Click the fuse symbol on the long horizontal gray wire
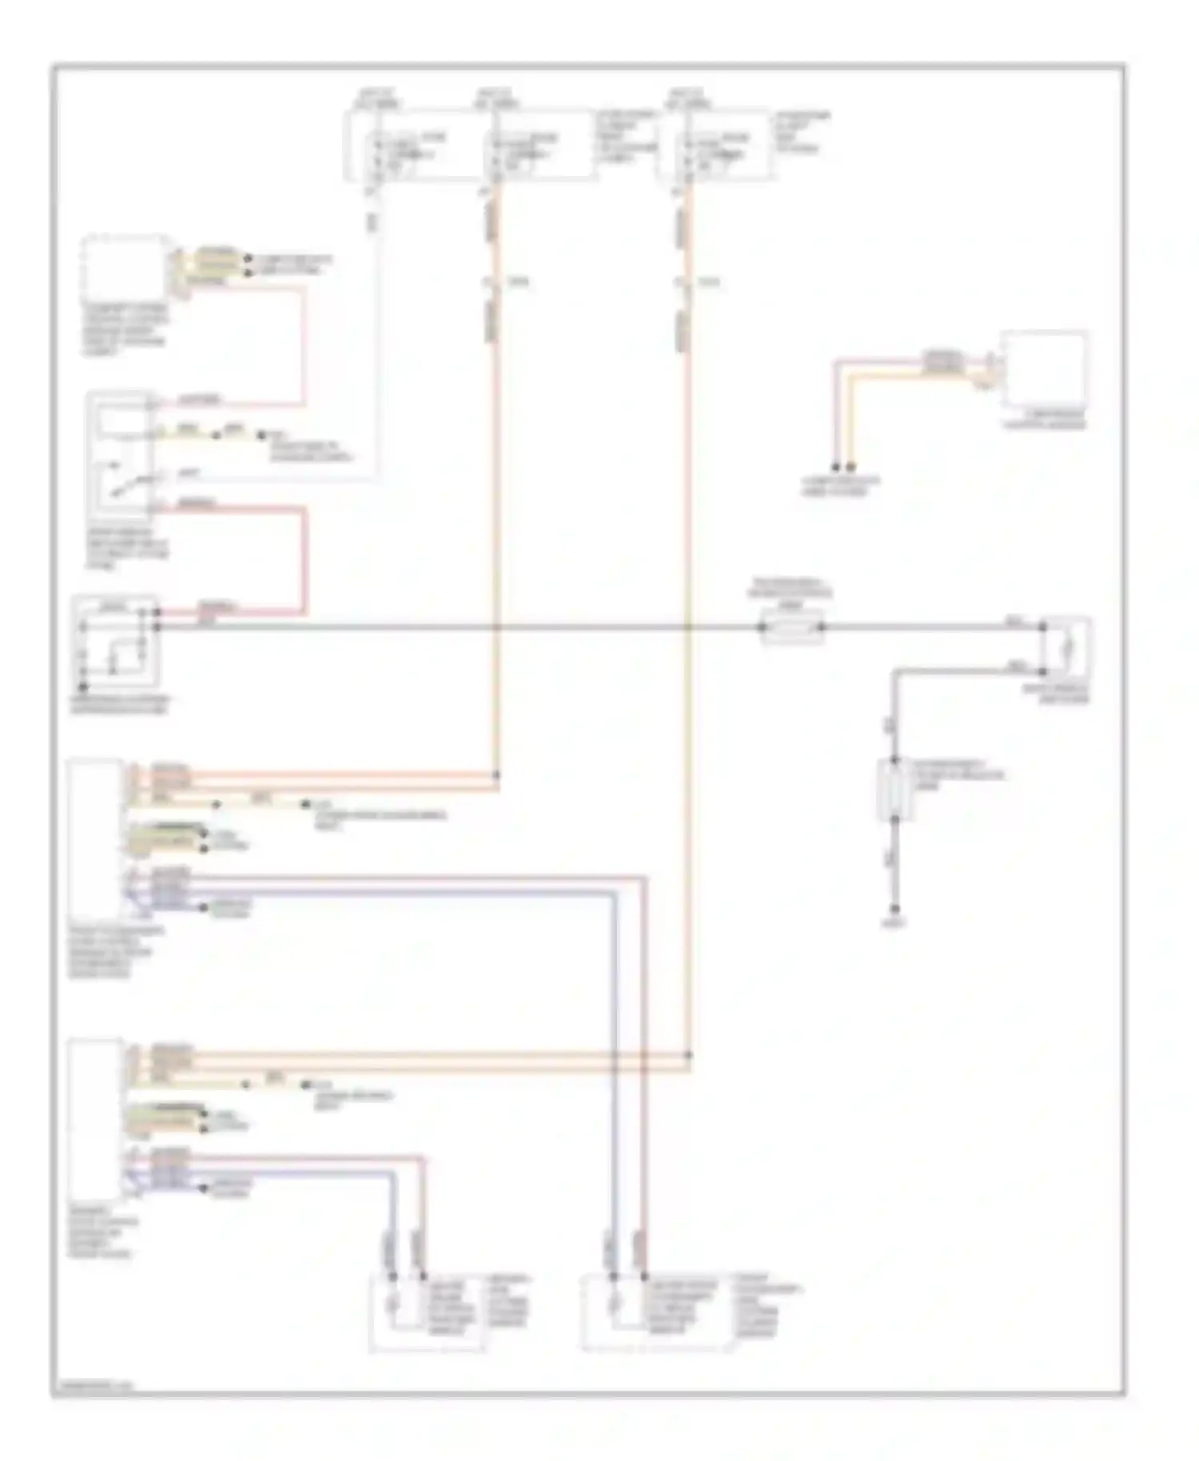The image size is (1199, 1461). pyautogui.click(x=791, y=627)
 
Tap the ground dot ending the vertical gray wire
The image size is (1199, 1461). pyautogui.click(x=895, y=910)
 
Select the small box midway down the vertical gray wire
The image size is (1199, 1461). pyautogui.click(x=894, y=790)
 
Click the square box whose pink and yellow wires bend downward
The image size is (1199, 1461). pyautogui.click(x=1045, y=370)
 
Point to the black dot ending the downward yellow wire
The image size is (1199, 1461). pyautogui.click(x=851, y=466)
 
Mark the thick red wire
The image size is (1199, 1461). pyautogui.click(x=305, y=559)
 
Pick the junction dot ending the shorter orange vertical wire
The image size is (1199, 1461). pyautogui.click(x=496, y=774)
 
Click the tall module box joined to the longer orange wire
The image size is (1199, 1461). pyautogui.click(x=96, y=1119)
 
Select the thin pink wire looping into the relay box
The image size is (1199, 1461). pyautogui.click(x=304, y=344)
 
